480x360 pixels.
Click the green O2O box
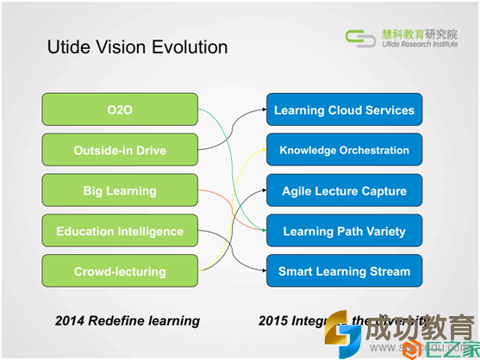120,109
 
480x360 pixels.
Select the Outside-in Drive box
120,150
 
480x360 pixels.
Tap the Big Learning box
120,190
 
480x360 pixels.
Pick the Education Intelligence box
120,231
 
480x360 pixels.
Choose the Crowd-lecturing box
120,271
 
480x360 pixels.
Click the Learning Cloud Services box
344,110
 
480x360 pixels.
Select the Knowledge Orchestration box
344,150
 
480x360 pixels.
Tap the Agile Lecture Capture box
344,190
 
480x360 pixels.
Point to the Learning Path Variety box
344,231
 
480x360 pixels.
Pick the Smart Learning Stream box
344,271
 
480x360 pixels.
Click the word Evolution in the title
190,47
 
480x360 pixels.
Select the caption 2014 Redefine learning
128,320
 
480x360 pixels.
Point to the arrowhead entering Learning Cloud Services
262,109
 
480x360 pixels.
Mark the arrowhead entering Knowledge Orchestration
262,150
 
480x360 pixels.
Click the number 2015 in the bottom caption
273,320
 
